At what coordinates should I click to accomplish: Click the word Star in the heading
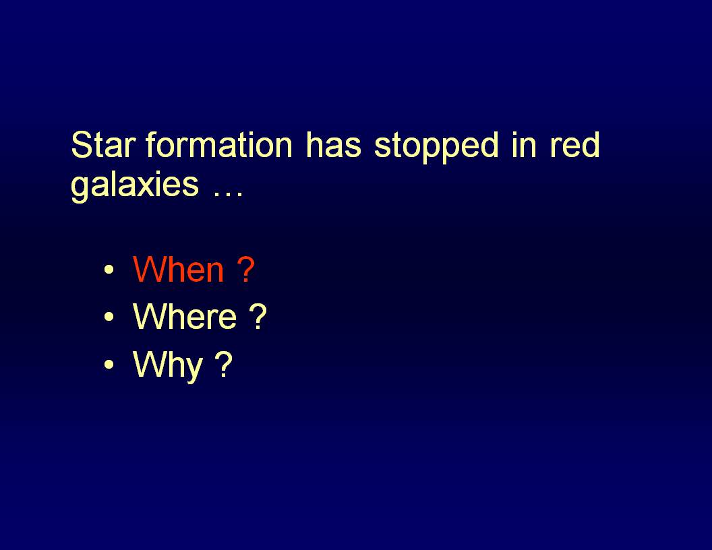pyautogui.click(x=103, y=145)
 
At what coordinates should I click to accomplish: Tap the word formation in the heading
pyautogui.click(x=219, y=145)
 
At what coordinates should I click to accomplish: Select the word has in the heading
pyautogui.click(x=333, y=145)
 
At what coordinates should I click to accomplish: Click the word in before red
pyautogui.click(x=524, y=145)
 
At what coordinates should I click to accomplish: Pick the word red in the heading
pyautogui.click(x=575, y=145)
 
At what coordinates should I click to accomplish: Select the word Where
pyautogui.click(x=184, y=316)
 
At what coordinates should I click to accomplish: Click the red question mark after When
pyautogui.click(x=245, y=269)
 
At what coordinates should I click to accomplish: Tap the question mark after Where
pyautogui.click(x=258, y=316)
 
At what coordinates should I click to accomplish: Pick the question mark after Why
pyautogui.click(x=223, y=363)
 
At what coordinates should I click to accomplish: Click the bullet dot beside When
pyautogui.click(x=109, y=270)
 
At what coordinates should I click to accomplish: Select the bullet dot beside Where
pyautogui.click(x=109, y=317)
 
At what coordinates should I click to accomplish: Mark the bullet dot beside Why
pyautogui.click(x=109, y=365)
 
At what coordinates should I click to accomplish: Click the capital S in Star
pyautogui.click(x=82, y=145)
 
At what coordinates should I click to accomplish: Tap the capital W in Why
pyautogui.click(x=151, y=363)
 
